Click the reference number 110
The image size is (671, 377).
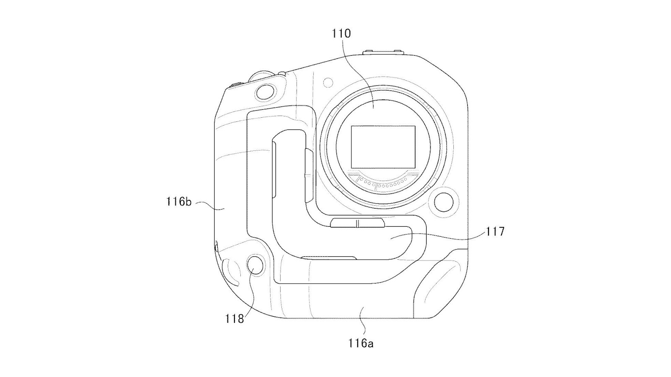341,34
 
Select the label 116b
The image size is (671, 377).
179,201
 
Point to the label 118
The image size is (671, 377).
234,319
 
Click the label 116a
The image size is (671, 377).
361,343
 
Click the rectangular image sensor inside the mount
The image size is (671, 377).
383,147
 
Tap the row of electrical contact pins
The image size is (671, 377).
383,184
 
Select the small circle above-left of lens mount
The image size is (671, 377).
328,82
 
